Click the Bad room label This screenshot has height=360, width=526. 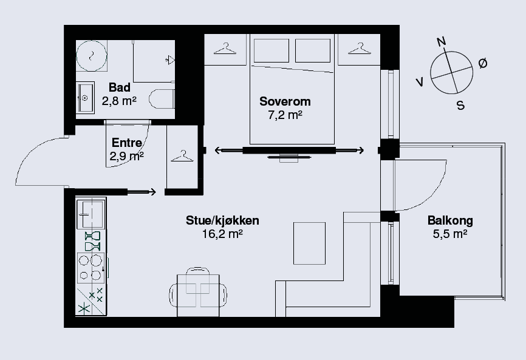[x=120, y=87]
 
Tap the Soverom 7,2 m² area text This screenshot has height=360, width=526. [x=285, y=115]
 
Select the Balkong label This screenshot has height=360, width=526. [x=450, y=220]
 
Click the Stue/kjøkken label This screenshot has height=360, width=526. [x=222, y=220]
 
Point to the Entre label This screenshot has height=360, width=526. [x=127, y=143]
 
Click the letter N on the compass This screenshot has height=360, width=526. [x=442, y=41]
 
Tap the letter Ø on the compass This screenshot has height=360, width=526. [x=483, y=63]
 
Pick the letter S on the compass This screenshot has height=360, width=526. [x=461, y=106]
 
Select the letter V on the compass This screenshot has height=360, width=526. [x=419, y=82]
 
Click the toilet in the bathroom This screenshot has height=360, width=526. [x=162, y=98]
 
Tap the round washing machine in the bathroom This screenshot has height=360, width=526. [x=92, y=56]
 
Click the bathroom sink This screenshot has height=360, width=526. [x=85, y=98]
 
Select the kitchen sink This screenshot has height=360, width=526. [x=91, y=214]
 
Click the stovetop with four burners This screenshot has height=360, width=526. [x=91, y=268]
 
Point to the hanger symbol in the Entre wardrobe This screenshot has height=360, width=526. [x=182, y=156]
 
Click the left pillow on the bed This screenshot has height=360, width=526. [x=272, y=50]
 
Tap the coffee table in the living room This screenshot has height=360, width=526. [x=309, y=243]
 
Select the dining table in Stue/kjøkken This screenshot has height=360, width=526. [x=198, y=295]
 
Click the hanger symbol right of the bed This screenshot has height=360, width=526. [x=360, y=49]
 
